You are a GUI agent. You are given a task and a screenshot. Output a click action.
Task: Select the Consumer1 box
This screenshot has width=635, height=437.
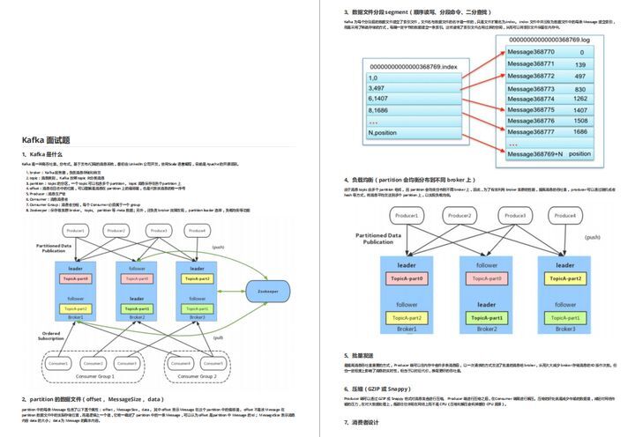pos(60,363)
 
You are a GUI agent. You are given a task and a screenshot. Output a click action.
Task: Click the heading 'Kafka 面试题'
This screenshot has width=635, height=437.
pos(46,140)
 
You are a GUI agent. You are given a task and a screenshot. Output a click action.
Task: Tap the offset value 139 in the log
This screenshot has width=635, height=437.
pos(578,63)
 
